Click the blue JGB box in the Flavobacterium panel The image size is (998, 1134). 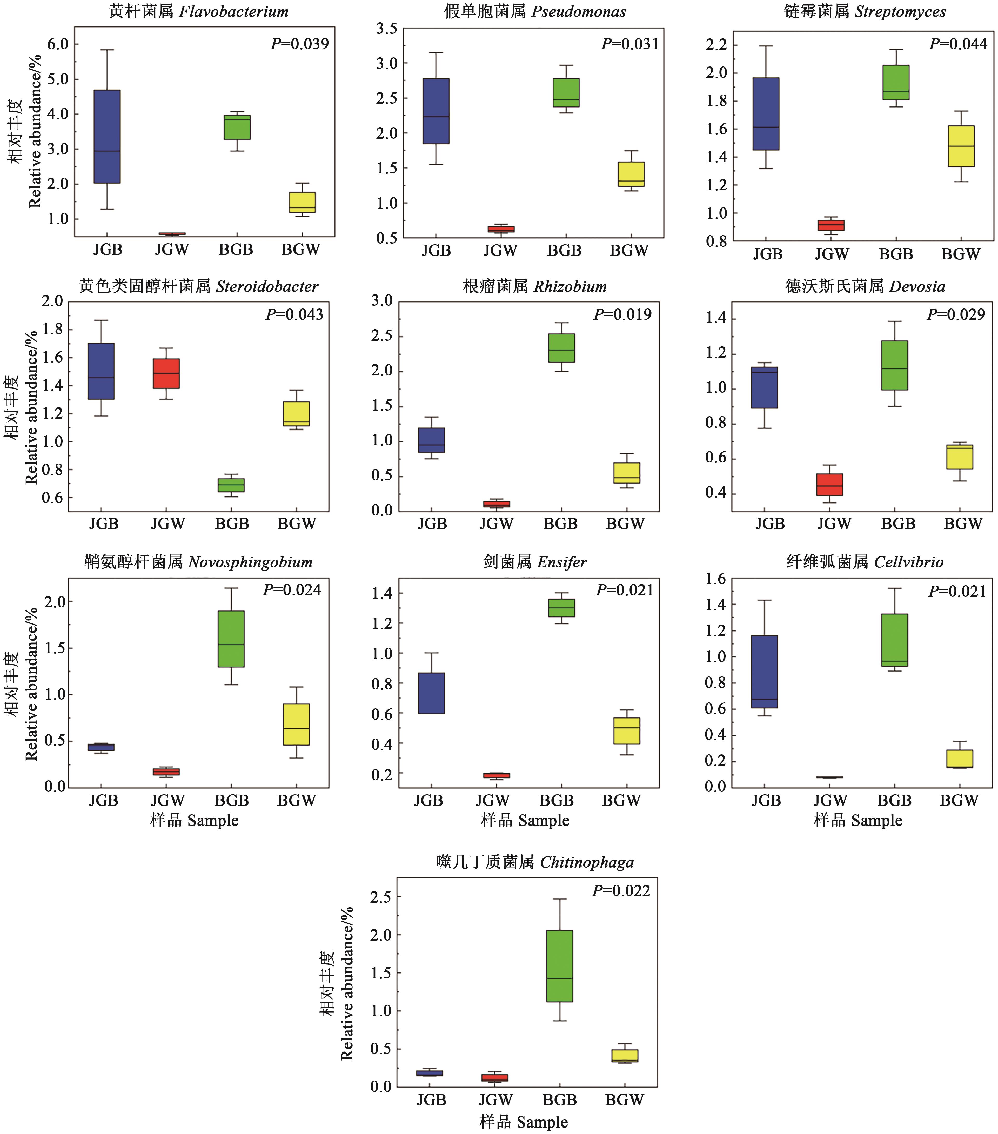107,137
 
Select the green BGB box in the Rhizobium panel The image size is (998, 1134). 561,348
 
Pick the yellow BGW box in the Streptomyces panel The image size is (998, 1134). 961,146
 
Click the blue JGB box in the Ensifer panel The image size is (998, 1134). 431,693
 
